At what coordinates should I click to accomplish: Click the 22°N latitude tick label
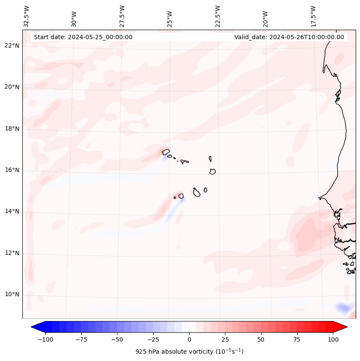(12, 46)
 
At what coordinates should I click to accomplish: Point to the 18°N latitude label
(12, 129)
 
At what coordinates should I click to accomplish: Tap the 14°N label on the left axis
(12, 211)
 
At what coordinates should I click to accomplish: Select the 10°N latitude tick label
(12, 294)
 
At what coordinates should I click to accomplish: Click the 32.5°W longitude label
(27, 16)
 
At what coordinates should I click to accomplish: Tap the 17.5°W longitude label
(313, 16)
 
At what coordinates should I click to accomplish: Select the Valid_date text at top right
(289, 37)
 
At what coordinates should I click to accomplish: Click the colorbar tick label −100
(45, 339)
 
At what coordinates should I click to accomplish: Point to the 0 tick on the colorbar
(189, 339)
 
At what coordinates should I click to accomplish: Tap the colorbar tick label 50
(261, 339)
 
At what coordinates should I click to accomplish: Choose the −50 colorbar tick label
(117, 339)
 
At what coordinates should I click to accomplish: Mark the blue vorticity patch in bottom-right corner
(343, 308)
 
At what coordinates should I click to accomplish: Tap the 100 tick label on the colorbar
(332, 339)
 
